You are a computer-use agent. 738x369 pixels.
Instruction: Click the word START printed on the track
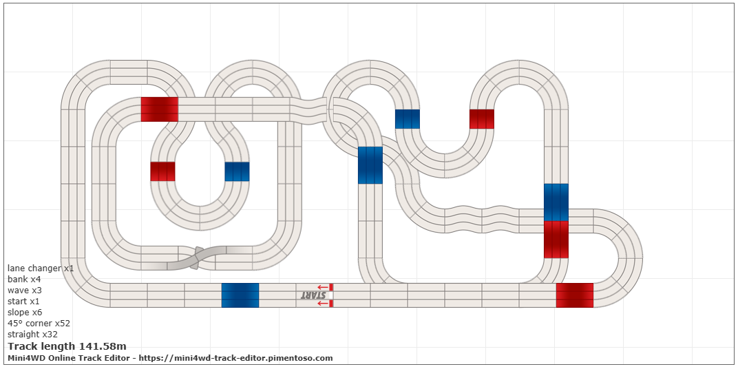314,295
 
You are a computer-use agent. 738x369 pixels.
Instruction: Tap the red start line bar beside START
331,295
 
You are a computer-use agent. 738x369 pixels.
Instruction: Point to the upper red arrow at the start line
322,287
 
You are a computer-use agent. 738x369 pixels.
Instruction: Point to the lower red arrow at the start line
322,303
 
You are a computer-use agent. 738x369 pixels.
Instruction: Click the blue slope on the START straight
240,295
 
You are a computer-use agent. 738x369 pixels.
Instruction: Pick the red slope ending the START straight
575,295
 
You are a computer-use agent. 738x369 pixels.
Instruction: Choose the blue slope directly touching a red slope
556,202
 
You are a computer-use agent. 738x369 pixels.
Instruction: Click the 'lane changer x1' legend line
41,268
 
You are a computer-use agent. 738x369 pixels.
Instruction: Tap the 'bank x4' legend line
24,280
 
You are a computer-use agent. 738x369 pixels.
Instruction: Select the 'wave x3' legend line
25,291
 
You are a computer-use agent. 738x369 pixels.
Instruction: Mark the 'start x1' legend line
24,302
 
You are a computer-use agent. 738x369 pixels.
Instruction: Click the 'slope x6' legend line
25,313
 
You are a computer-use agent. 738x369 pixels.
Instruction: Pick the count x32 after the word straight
50,335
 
